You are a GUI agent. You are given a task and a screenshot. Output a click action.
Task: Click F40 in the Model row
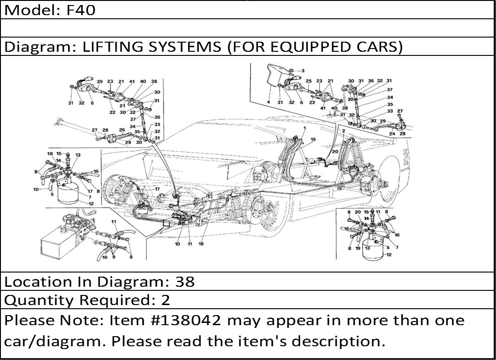coord(81,10)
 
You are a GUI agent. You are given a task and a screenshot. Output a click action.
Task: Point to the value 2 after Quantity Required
coord(165,300)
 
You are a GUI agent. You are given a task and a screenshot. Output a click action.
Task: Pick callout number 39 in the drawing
coord(100,82)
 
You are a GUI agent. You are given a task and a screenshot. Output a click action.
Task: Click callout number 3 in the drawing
coord(303,71)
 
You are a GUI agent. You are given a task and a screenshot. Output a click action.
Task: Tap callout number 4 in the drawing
coord(269,102)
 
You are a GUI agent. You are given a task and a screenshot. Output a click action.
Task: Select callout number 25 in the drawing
coord(309,81)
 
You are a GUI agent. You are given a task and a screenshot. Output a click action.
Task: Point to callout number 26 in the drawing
coord(122,130)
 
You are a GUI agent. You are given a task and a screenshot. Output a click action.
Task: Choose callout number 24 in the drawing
coord(392,134)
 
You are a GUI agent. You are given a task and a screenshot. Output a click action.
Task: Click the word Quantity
coord(39,300)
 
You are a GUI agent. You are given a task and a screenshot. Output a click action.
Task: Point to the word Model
coord(29,10)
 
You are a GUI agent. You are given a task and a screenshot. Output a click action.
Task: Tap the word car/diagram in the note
coord(56,342)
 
